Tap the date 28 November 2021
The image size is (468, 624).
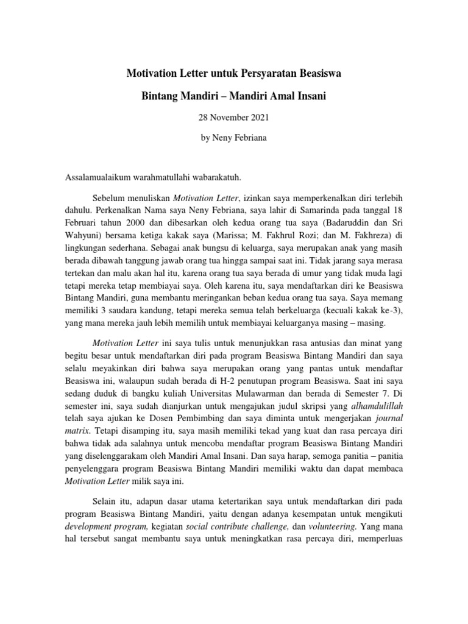234,117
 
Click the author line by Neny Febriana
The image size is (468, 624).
234,138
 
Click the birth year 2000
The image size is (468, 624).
144,226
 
